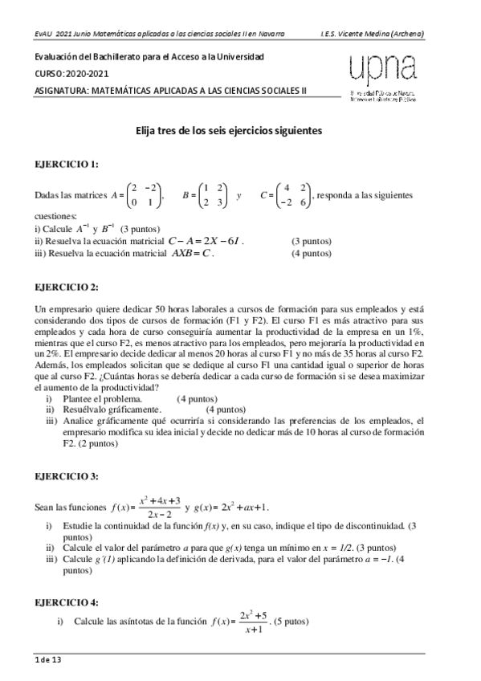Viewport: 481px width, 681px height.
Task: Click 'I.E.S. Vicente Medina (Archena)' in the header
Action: (x=372, y=34)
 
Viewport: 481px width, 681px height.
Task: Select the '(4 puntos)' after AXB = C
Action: (x=311, y=253)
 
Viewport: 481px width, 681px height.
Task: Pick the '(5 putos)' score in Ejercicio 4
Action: (x=292, y=622)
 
